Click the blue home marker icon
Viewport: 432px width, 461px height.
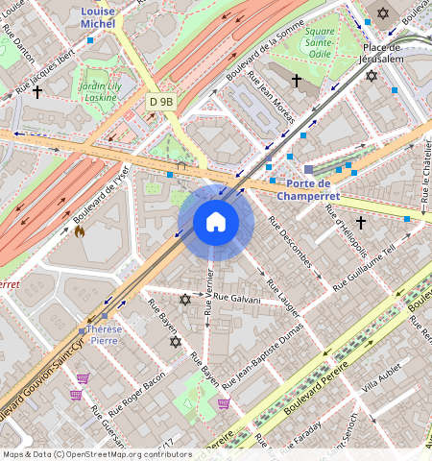pyautogui.click(x=216, y=223)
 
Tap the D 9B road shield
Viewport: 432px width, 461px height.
pyautogui.click(x=161, y=101)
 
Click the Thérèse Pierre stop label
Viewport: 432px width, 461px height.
pyautogui.click(x=105, y=334)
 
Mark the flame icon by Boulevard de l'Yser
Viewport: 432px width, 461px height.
pyautogui.click(x=80, y=230)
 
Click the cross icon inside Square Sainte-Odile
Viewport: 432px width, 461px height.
pyautogui.click(x=297, y=80)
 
